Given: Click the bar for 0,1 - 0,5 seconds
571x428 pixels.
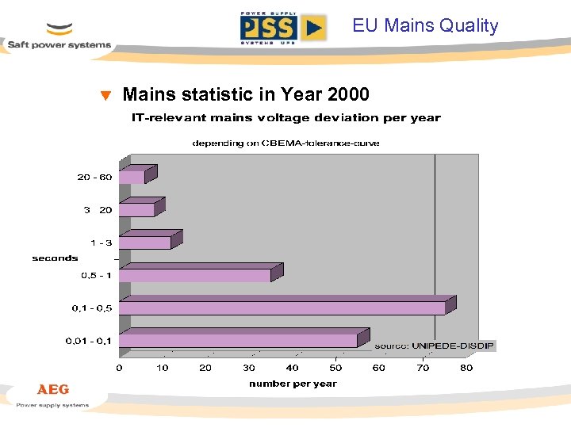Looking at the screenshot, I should pos(282,307).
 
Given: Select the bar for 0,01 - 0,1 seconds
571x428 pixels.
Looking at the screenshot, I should pos(238,340).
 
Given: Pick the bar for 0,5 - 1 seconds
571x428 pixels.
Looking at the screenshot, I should pos(194,275).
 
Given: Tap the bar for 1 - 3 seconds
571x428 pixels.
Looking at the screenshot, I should pos(144,242).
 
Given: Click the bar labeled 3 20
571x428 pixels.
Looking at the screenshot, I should pos(136,209).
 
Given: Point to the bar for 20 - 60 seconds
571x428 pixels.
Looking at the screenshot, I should pos(132,177).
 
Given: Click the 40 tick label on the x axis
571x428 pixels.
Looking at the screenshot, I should pos(293,368).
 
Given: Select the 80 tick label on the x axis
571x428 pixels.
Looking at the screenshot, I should pos(466,368).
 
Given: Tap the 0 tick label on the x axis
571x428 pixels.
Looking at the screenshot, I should pos(119,368).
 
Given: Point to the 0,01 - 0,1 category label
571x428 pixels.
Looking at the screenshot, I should pos(88,342).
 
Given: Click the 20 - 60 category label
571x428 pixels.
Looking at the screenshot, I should pos(94,177).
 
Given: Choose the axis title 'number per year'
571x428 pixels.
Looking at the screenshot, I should pos(293,384).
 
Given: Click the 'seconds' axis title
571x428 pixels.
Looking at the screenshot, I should pos(56,258).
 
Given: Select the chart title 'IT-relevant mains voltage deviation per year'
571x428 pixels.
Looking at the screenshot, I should pos(285,118).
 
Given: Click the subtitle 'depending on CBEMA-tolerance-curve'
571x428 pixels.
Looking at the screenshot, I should pos(285,143).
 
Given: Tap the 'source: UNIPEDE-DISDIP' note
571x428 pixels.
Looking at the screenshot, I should pos(434,346).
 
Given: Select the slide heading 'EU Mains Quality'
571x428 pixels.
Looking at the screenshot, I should pos(425,25).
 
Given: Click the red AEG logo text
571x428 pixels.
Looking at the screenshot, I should pos(53,390).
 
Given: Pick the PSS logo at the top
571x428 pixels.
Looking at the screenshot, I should pos(282,28).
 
